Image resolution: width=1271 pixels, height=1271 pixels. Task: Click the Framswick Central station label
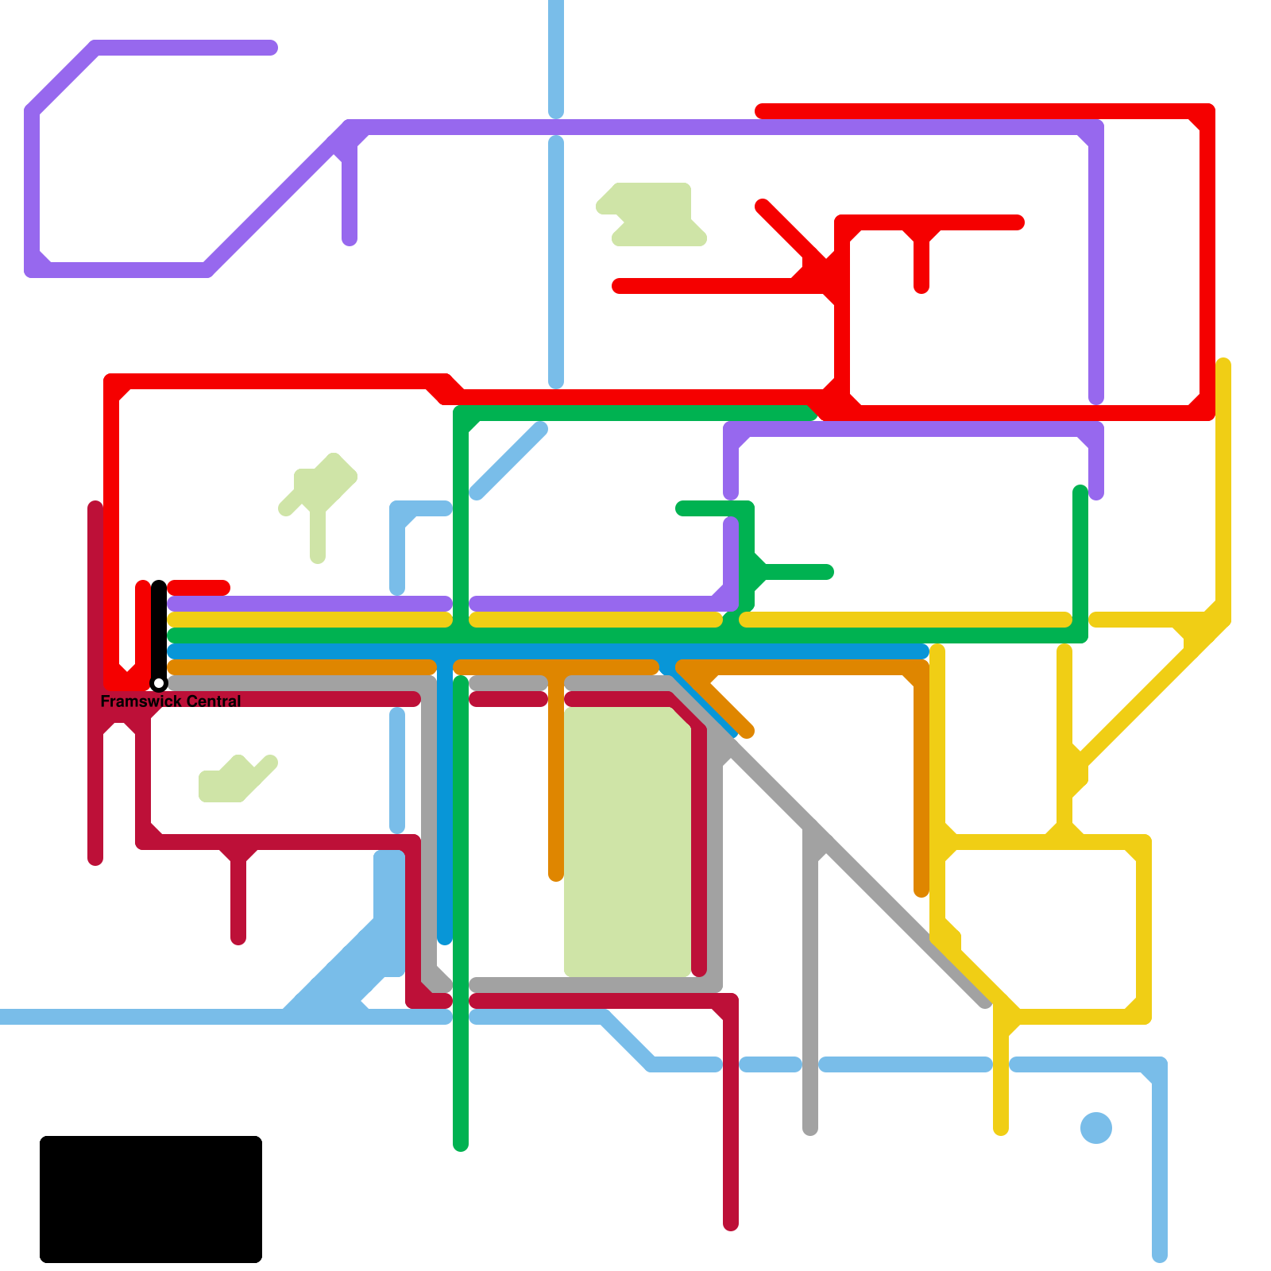tap(171, 701)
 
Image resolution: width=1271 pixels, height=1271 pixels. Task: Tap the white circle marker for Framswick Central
tap(159, 683)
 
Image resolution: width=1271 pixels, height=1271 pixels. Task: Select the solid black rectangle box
tap(151, 1199)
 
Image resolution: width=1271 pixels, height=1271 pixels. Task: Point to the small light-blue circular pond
tap(1096, 1128)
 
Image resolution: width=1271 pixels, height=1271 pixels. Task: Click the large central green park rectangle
tap(628, 842)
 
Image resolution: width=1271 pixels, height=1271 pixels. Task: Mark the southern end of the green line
tap(461, 1145)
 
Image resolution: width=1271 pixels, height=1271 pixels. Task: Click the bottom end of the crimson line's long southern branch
tap(731, 1224)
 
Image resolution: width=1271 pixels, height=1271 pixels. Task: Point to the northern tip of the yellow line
tap(1223, 365)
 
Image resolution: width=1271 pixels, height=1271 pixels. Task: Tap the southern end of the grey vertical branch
tap(810, 1129)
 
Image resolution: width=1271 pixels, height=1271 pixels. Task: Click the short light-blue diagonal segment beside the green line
tap(508, 462)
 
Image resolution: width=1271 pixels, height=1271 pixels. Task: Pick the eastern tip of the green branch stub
tap(827, 572)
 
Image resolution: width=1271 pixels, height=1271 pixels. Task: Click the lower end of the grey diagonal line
tap(985, 1003)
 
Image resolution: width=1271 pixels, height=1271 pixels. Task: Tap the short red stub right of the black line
tap(199, 588)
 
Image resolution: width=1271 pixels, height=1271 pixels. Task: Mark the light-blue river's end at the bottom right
tap(1160, 1256)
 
